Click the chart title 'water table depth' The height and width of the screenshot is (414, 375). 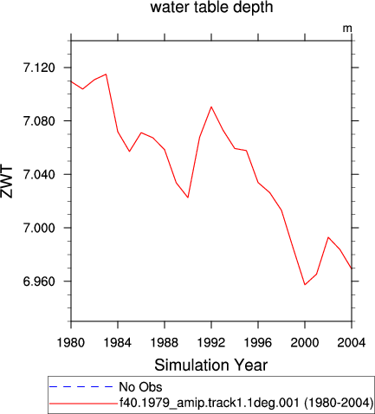[211, 8]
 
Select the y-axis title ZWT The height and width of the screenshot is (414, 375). [7, 182]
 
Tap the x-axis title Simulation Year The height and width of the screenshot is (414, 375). [211, 365]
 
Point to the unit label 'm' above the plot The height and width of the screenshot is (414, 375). [347, 29]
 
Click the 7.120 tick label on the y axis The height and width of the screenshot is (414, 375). [39, 68]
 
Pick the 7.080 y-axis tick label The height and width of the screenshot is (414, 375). [39, 121]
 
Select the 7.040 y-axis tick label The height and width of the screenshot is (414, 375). [39, 174]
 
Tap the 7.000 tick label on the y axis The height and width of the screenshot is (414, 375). [39, 228]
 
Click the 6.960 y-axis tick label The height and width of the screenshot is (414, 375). [39, 281]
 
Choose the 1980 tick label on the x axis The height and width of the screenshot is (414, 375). [71, 343]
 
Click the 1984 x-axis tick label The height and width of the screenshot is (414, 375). [118, 343]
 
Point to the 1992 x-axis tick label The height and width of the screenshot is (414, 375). [211, 343]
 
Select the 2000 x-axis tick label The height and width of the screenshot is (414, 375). [305, 343]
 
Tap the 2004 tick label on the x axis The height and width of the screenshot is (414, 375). [352, 343]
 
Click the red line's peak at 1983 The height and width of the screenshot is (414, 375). [106, 74]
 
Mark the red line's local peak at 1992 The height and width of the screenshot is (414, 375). [211, 107]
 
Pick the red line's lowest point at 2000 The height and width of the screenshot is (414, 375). [305, 285]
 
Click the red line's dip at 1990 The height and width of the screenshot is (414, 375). [188, 197]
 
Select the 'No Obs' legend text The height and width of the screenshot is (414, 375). [140, 387]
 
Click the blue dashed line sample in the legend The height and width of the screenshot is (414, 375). [81, 386]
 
